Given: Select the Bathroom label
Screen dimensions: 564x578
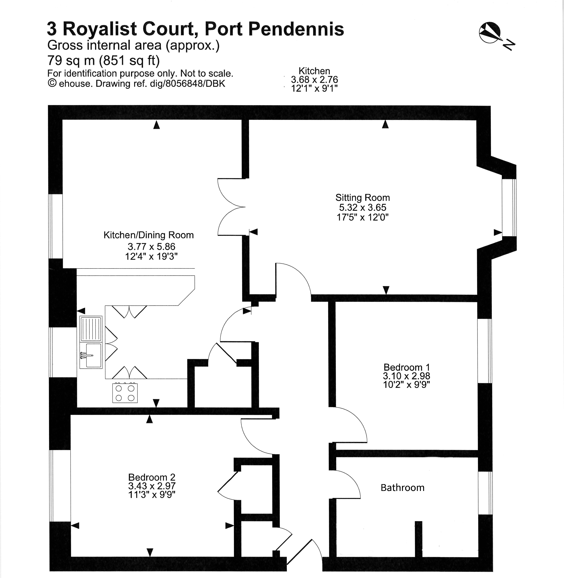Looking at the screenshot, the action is coord(402,487).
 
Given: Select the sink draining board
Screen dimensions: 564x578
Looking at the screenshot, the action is coord(91,329).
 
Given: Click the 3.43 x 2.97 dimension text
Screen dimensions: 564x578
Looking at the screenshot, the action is coord(152,486).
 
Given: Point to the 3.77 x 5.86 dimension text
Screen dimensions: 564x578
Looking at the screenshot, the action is coord(151,246).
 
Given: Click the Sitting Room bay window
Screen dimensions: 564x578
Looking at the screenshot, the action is coord(509,207).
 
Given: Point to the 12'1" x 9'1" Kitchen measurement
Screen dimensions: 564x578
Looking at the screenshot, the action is coord(314,88).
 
